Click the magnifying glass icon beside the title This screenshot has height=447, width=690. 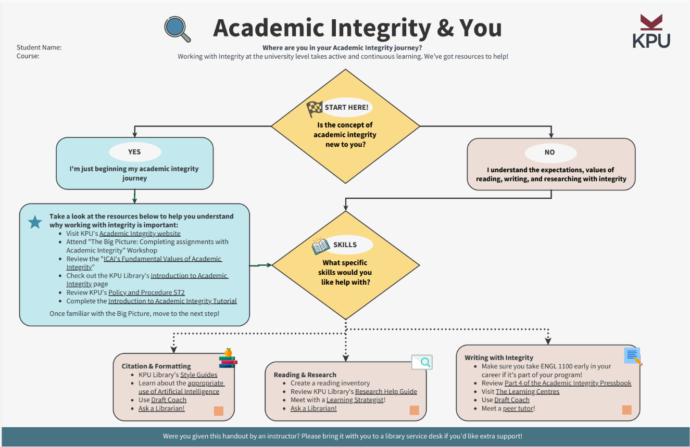pyautogui.click(x=178, y=29)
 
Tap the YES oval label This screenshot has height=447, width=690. pyautogui.click(x=135, y=152)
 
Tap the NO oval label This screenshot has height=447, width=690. pyautogui.click(x=550, y=152)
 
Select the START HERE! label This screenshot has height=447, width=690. pyautogui.click(x=346, y=107)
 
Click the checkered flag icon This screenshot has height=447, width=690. pyautogui.click(x=314, y=109)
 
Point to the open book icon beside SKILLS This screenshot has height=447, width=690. pyautogui.click(x=320, y=246)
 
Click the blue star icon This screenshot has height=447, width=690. pyautogui.click(x=35, y=223)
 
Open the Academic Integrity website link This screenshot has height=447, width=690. pyautogui.click(x=140, y=234)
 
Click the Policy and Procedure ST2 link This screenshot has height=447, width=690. pyautogui.click(x=146, y=292)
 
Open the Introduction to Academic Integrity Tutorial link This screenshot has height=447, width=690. pyautogui.click(x=172, y=301)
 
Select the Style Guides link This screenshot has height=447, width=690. pyautogui.click(x=199, y=375)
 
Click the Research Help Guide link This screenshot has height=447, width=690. pyautogui.click(x=386, y=391)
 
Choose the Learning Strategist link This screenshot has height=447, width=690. pyautogui.click(x=355, y=400)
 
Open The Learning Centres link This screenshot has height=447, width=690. pyautogui.click(x=528, y=391)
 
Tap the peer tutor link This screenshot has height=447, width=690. pyautogui.click(x=518, y=408)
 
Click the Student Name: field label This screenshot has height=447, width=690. pyautogui.click(x=39, y=47)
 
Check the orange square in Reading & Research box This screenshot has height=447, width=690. pyautogui.click(x=414, y=410)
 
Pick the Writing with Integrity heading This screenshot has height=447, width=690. pyautogui.click(x=499, y=357)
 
